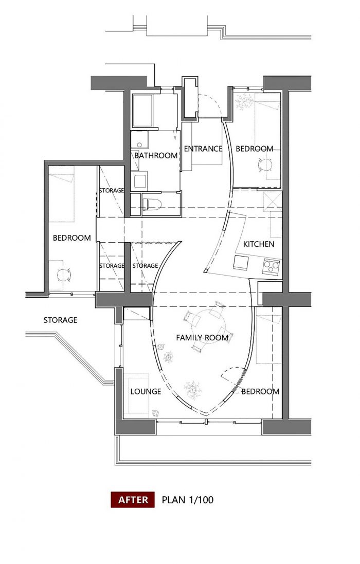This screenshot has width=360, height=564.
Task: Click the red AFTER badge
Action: click(x=133, y=500)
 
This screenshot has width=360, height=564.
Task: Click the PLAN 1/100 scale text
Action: click(x=187, y=500)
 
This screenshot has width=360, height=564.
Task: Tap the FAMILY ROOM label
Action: click(x=202, y=338)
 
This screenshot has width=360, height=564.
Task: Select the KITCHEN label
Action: click(x=259, y=244)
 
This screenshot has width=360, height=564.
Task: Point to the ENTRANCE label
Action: click(x=203, y=149)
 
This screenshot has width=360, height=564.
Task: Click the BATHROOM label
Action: click(x=156, y=155)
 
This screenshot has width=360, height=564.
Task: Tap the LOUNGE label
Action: click(x=146, y=391)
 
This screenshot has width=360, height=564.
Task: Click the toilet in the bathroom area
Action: click(x=151, y=204)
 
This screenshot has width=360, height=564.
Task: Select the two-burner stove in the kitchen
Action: click(x=271, y=266)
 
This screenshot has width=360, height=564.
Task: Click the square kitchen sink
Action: click(x=241, y=263)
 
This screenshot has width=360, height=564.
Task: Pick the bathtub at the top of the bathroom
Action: click(x=143, y=110)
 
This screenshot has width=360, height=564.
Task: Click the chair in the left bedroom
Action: click(x=64, y=275)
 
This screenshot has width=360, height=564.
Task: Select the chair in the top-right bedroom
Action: click(x=265, y=165)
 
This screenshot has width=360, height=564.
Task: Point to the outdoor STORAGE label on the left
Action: click(x=60, y=320)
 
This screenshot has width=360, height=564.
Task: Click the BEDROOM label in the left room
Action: click(x=71, y=238)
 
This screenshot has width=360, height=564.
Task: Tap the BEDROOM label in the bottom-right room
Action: click(x=260, y=391)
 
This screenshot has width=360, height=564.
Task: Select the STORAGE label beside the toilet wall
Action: click(x=112, y=190)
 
